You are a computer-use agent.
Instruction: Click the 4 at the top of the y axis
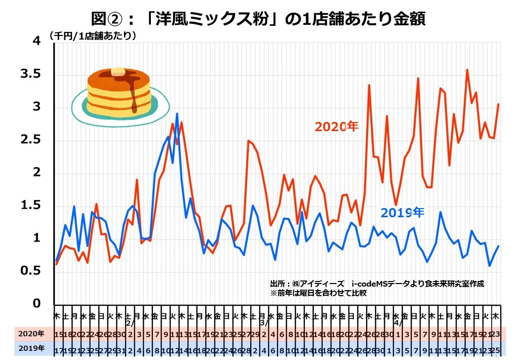36,41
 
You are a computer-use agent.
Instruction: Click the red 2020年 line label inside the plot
336,126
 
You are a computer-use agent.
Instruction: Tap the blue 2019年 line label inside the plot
402,212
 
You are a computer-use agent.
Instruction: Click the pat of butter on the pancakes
118,72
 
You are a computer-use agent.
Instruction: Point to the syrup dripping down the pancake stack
134,99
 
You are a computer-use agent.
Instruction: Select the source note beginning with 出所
377,284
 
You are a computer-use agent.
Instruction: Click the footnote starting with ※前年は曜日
319,293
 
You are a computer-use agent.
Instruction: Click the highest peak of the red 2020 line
467,70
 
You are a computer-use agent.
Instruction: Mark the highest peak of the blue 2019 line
177,113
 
